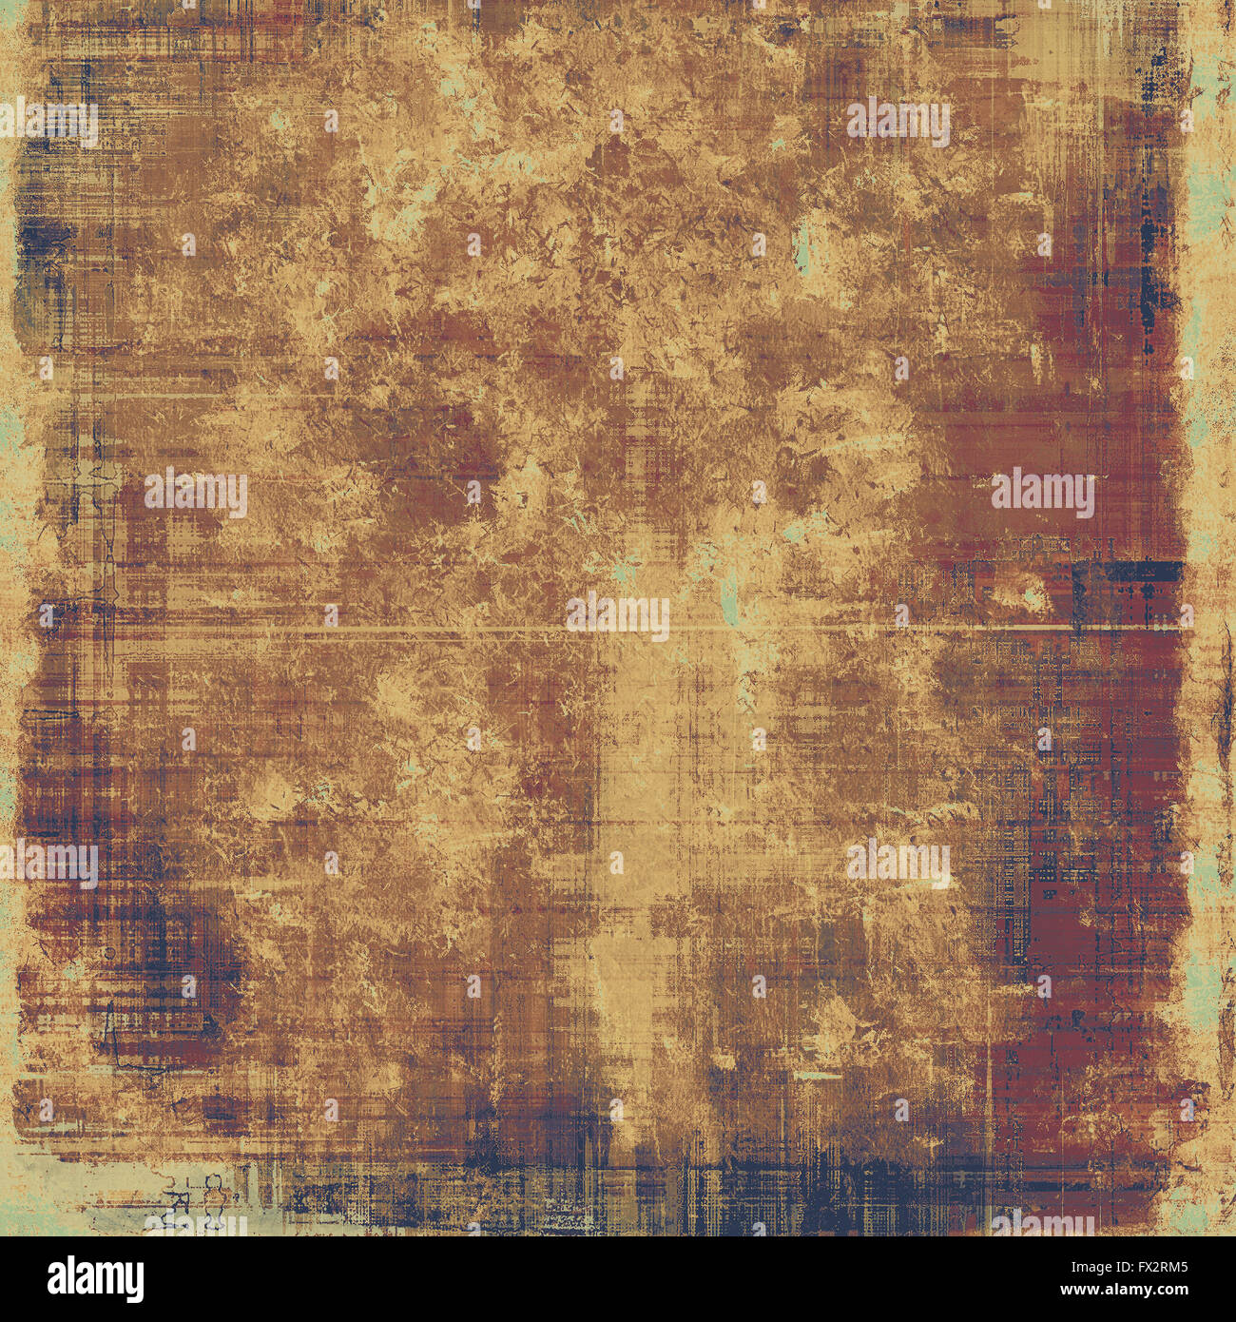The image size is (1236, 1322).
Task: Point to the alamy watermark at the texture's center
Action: coord(618,615)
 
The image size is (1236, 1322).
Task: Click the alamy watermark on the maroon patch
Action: coord(1043,493)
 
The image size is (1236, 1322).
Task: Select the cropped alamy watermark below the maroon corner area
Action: coord(1043,1223)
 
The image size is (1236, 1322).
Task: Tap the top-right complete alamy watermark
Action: coord(898,122)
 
